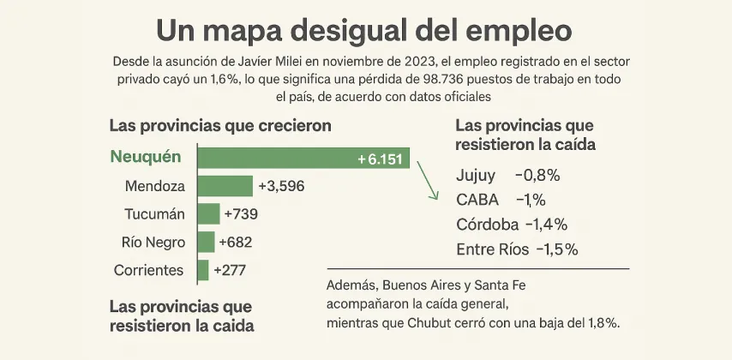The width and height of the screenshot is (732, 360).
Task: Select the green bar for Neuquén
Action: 303,159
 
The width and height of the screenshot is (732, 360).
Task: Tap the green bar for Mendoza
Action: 225,186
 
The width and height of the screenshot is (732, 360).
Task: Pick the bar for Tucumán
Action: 208,214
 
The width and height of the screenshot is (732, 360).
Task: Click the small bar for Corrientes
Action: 203,270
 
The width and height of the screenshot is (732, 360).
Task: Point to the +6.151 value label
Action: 380,159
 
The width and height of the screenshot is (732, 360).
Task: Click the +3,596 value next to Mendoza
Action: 280,186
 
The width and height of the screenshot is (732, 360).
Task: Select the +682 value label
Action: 235,243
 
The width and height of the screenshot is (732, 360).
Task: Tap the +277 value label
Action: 229,270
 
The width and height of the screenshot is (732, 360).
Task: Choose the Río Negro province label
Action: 153,243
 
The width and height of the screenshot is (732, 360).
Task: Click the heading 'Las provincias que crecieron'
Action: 220,125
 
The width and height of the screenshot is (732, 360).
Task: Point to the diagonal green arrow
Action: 423,178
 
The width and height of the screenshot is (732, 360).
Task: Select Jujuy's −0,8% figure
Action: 537,176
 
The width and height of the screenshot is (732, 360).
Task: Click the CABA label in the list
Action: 476,201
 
